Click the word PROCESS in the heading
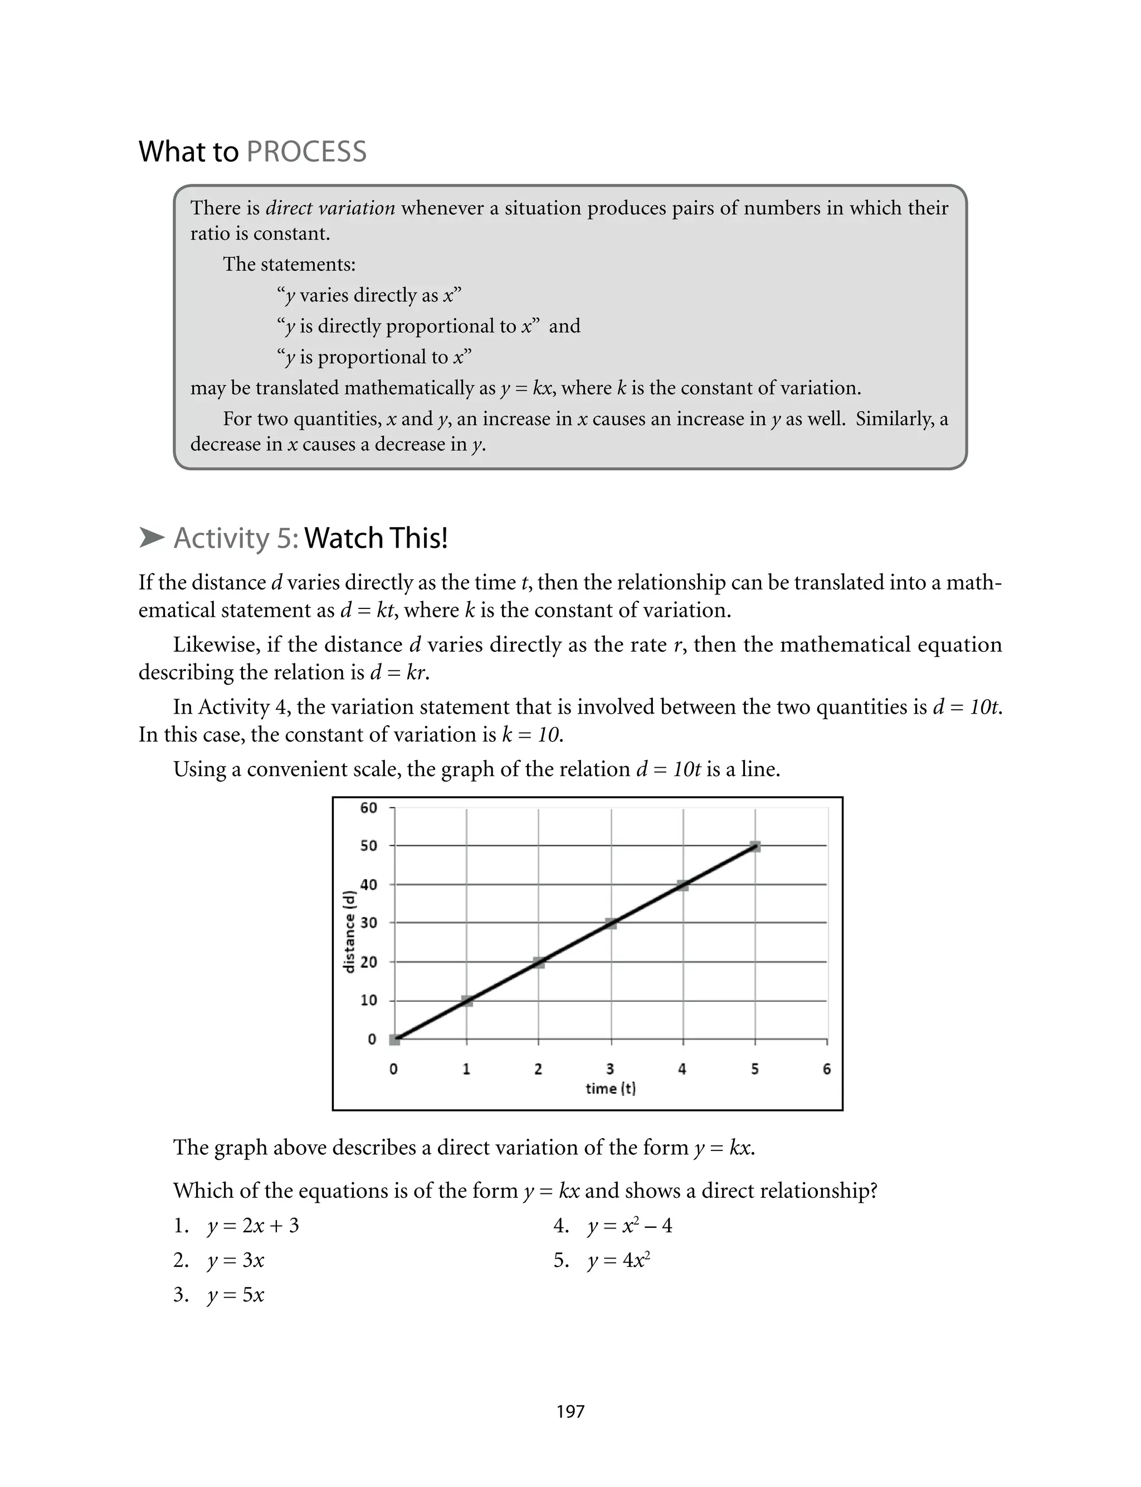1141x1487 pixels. click(306, 152)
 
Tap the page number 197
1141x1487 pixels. click(570, 1412)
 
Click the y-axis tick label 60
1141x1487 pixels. click(369, 807)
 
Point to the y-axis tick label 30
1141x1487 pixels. click(369, 923)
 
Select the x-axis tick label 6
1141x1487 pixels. click(827, 1069)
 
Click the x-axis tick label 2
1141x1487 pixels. click(538, 1069)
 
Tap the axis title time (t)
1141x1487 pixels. click(611, 1089)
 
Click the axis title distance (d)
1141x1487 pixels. click(350, 932)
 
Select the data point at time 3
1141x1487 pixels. click(611, 923)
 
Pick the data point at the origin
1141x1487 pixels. click(394, 1040)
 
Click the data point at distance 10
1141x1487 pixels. click(466, 1001)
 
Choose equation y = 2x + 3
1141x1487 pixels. click(252, 1226)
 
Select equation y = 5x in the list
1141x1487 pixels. click(235, 1295)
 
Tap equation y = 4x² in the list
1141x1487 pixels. click(619, 1260)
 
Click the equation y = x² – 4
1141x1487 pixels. click(630, 1226)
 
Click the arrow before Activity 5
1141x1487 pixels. click(152, 538)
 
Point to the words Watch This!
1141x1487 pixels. click(376, 538)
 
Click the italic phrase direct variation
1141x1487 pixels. click(330, 208)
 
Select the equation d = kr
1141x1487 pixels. click(399, 672)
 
